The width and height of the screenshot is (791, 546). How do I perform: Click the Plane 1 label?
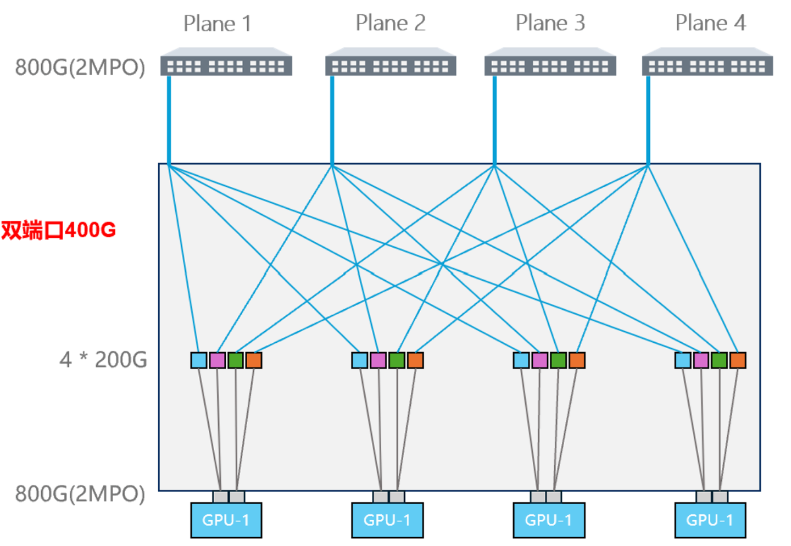point(217,24)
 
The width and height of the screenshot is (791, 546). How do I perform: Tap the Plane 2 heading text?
point(390,23)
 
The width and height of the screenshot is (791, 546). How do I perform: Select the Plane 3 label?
point(550,23)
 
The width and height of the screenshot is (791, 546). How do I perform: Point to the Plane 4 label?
point(710,23)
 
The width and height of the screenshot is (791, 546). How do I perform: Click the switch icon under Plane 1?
point(226,62)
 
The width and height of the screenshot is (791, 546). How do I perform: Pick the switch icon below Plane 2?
point(391,62)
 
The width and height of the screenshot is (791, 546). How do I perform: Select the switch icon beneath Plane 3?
point(550,62)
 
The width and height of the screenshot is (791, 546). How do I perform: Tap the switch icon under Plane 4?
point(708,62)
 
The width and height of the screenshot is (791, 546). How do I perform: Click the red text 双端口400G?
point(58,230)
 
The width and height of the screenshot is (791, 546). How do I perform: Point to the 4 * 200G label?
point(103,360)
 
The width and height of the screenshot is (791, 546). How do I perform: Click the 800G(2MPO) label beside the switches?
point(80,67)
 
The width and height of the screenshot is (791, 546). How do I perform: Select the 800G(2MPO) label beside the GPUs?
point(80,493)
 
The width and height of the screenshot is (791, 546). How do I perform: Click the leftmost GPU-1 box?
point(226,520)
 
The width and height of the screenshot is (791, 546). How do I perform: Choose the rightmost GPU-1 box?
point(710,520)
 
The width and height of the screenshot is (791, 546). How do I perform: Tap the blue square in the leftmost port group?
point(199,360)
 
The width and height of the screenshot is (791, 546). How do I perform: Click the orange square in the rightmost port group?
point(738,360)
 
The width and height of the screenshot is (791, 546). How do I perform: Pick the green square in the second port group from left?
point(397,360)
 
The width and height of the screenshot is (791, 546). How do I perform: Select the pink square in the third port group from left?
point(539,360)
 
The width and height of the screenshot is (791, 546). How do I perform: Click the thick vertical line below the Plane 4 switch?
point(648,120)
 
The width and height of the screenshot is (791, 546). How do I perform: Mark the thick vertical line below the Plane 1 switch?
point(169,120)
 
